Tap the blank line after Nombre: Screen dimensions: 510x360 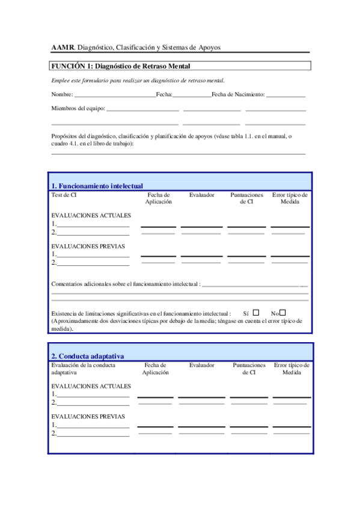point(114,96)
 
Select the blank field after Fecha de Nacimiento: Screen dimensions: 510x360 point(285,96)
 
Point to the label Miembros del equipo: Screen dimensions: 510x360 point(78,109)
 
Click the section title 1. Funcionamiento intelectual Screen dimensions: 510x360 point(97,186)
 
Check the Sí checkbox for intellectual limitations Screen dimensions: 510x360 point(256,313)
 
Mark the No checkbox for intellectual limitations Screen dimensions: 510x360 point(282,313)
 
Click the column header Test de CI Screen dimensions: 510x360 point(64,195)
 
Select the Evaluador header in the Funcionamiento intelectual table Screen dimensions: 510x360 point(201,195)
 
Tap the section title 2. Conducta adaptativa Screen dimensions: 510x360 point(88,356)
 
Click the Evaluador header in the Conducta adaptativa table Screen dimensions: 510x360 point(201,365)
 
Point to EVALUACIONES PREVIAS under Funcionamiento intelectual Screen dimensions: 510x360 point(88,246)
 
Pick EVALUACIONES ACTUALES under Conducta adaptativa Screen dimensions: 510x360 point(88,386)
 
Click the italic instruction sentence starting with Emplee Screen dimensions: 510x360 point(138,81)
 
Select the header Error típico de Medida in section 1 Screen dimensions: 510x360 point(290,198)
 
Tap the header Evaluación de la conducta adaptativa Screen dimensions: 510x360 point(83,369)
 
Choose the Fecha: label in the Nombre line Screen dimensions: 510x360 point(164,95)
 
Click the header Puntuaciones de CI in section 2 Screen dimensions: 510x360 point(249,369)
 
